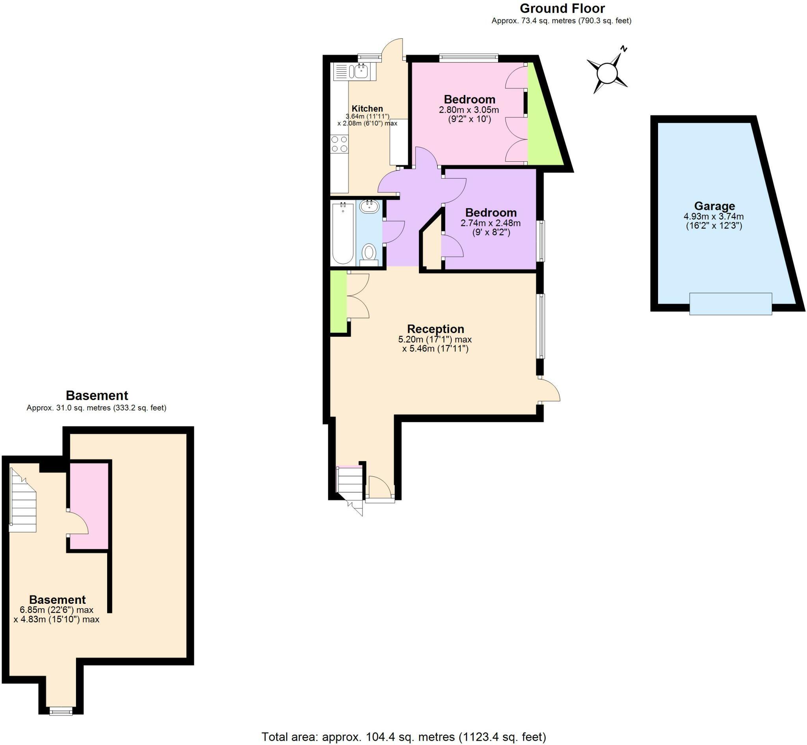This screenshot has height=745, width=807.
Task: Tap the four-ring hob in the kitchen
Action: coord(339,144)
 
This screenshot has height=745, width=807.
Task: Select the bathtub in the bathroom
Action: coord(342,233)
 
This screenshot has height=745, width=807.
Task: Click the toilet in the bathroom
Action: coord(369,254)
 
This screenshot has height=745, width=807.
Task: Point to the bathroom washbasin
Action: coord(369,206)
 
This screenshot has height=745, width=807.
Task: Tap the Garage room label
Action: coord(714,206)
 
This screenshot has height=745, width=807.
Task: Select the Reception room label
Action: coord(435,329)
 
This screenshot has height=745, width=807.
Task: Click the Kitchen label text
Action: coord(367,108)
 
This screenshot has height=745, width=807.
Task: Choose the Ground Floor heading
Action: coord(562,8)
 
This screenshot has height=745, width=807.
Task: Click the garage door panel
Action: coord(730,304)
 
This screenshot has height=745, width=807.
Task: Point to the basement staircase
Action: coord(23,501)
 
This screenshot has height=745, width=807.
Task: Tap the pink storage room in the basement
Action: coord(89,506)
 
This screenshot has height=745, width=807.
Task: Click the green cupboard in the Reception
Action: coord(338,302)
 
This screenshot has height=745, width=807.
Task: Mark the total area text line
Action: coord(403,737)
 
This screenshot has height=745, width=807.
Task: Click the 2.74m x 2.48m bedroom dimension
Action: coord(490,223)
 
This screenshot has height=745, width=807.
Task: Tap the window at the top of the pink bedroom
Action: coord(469,58)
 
